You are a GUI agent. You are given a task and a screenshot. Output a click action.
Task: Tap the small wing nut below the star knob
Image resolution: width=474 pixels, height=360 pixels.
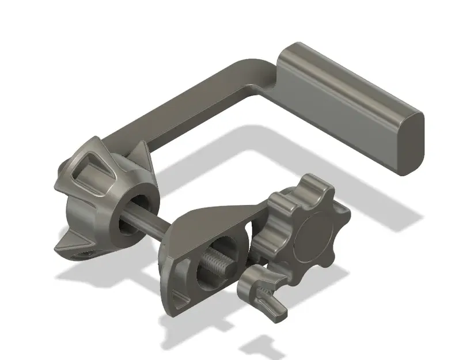click(262, 291)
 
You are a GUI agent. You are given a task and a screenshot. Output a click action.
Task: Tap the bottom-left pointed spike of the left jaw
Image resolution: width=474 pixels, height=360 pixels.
click(66, 245)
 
